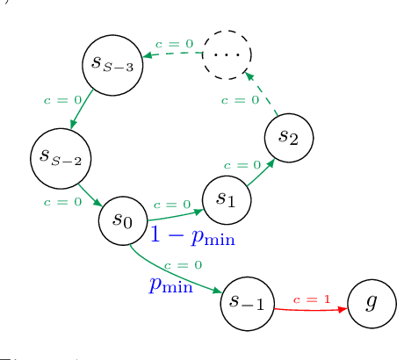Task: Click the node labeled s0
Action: click(123, 220)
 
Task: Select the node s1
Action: click(227, 199)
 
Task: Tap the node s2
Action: click(288, 137)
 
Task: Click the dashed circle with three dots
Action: click(227, 54)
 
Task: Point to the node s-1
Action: click(247, 303)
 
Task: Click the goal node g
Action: click(372, 302)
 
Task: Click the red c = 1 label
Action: click(312, 299)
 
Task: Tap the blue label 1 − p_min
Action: click(191, 235)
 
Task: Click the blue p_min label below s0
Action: click(170, 284)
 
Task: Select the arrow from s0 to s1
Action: click(175, 214)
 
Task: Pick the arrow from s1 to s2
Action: click(260, 173)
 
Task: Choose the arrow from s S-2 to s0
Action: click(90, 195)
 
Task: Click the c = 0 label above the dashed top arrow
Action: click(174, 43)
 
